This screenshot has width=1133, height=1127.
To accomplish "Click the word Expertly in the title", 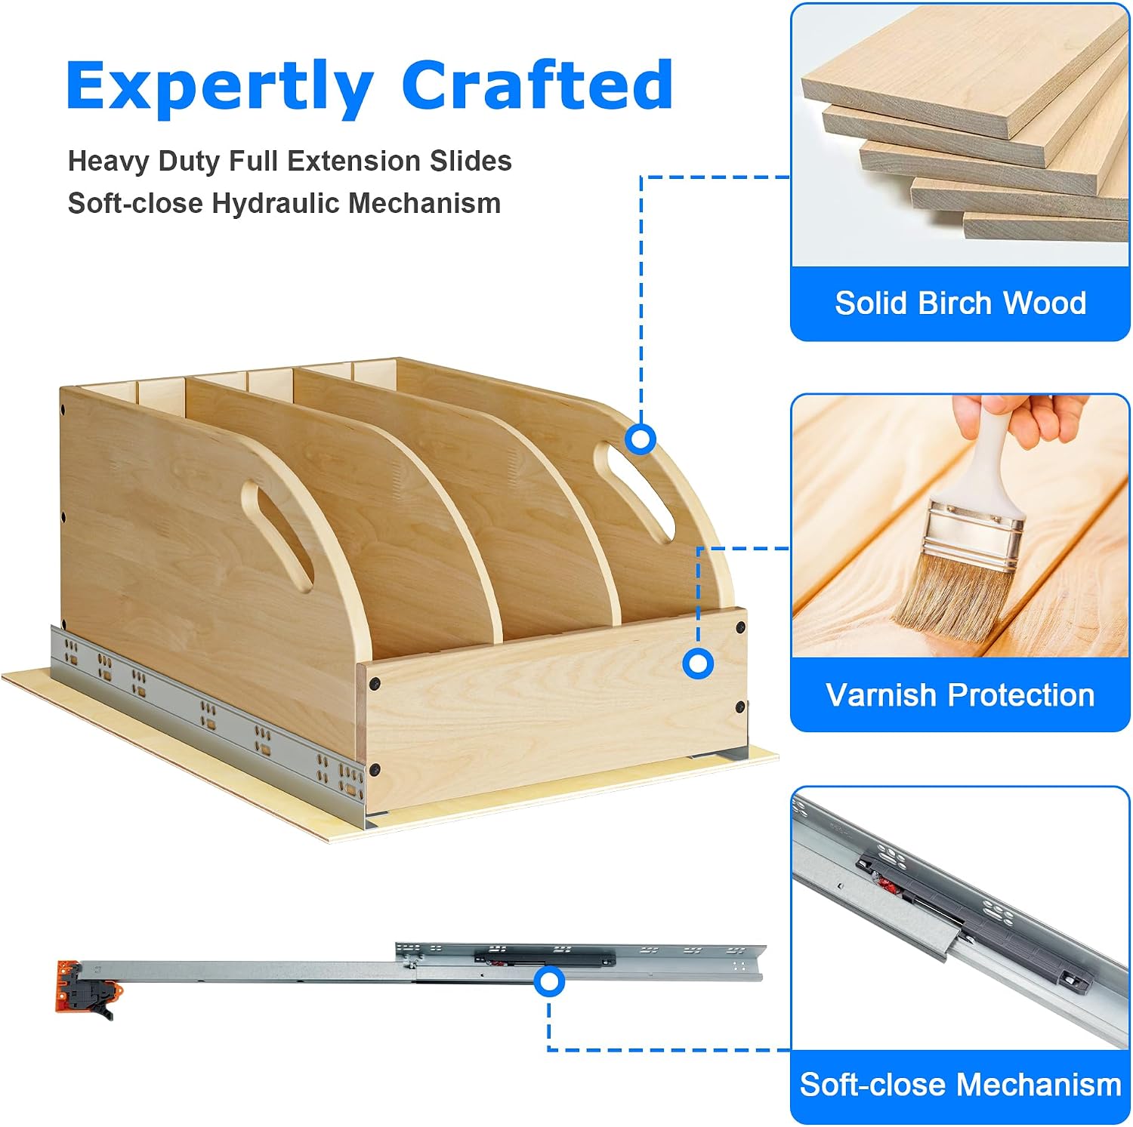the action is click(x=220, y=88).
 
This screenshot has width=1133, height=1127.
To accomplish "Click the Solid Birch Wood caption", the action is click(x=960, y=303).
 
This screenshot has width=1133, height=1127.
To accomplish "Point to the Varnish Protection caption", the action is click(x=960, y=694).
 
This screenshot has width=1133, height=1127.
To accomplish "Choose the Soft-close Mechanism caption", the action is click(x=960, y=1085).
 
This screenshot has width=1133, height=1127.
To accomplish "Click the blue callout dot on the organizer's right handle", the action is click(x=641, y=439).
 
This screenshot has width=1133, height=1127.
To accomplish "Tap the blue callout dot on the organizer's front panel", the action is click(x=698, y=664).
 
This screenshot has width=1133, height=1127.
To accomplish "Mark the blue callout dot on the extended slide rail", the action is click(x=549, y=982).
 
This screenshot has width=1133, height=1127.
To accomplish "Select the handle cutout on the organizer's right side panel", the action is click(x=633, y=491).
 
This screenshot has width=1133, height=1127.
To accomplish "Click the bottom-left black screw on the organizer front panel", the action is click(x=375, y=771).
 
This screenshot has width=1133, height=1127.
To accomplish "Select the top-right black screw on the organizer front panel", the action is click(x=740, y=627).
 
